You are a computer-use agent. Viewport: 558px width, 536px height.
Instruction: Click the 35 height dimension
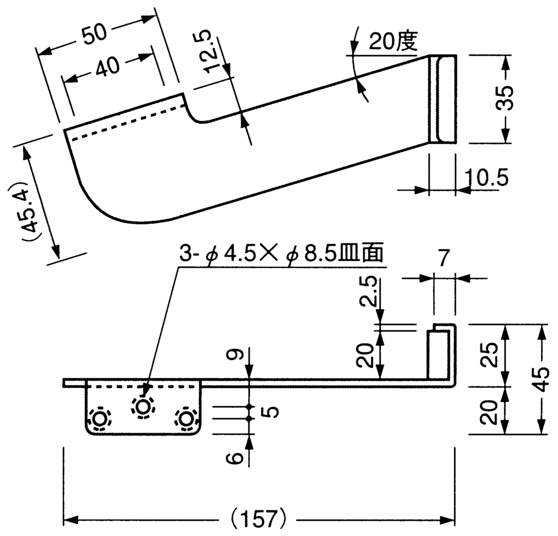click(506, 99)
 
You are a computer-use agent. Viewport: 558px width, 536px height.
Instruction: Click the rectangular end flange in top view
click(442, 99)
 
